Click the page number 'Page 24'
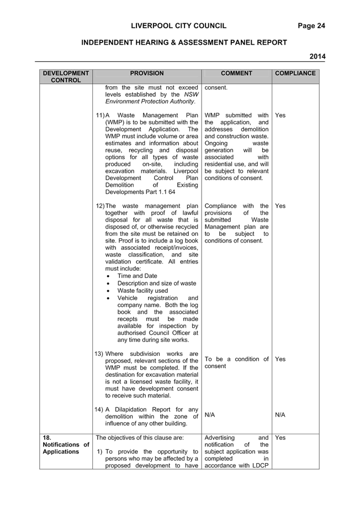[x=311, y=26]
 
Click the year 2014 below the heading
[x=317, y=56]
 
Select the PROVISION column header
[x=147, y=73]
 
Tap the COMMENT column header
[x=236, y=73]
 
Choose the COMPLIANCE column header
[x=295, y=73]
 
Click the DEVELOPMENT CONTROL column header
[x=66, y=77]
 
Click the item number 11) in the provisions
[x=100, y=115]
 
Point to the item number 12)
[x=100, y=206]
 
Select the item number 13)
[x=99, y=354]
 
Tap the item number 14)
[x=99, y=409]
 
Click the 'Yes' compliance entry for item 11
[x=280, y=115]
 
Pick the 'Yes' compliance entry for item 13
[x=280, y=359]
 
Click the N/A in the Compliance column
[x=280, y=415]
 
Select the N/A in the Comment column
[x=210, y=415]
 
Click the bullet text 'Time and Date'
[x=137, y=276]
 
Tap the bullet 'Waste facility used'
[x=142, y=291]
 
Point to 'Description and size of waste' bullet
[x=157, y=283]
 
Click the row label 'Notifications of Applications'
[x=66, y=448]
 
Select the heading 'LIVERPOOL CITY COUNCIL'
[x=179, y=26]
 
